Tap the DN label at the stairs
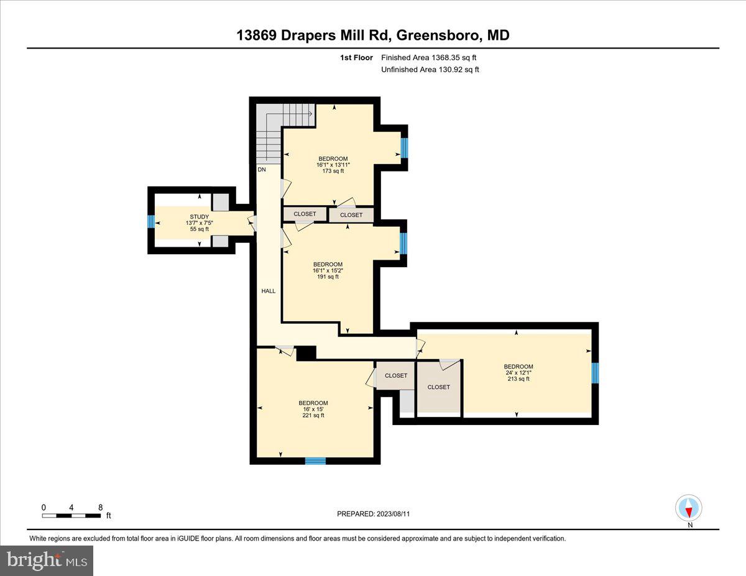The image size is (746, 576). click(x=262, y=169)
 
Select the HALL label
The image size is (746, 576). click(x=268, y=290)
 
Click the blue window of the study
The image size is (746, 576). click(x=151, y=222)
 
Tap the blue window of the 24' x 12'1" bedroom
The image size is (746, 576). click(x=595, y=373)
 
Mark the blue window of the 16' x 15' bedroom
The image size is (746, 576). click(x=315, y=460)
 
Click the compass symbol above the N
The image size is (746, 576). click(x=689, y=508)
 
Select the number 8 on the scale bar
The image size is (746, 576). click(x=101, y=507)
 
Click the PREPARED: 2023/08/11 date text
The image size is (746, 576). click(x=374, y=514)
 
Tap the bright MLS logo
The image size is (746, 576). click(x=47, y=560)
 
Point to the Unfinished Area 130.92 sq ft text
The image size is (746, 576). click(x=430, y=70)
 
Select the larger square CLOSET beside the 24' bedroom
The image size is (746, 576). click(x=438, y=387)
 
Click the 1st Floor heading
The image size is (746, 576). click(x=357, y=58)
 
